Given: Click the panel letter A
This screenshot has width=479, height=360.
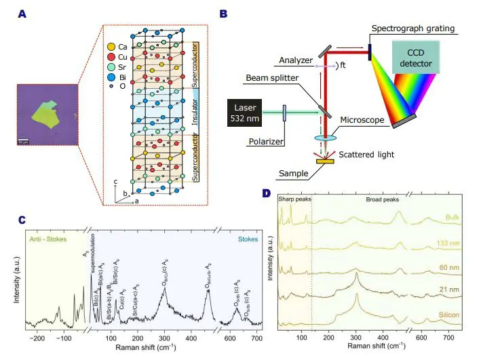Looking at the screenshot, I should [22, 13].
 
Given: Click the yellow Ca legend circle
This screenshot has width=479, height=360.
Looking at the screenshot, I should [111, 47].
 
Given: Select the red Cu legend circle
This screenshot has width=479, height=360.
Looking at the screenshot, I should [111, 57].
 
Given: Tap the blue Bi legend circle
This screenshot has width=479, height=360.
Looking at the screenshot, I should [111, 77].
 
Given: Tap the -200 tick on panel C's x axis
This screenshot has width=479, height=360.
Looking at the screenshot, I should [37, 337].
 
